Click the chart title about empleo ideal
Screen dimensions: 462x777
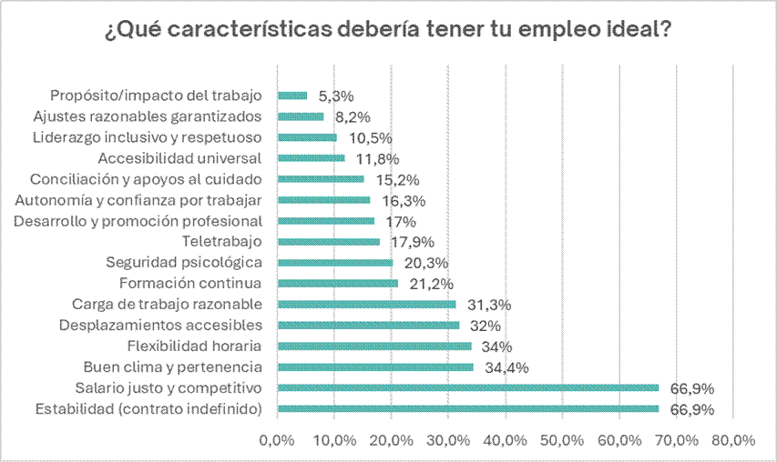pyautogui.click(x=389, y=30)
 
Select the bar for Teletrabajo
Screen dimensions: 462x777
pyautogui.click(x=329, y=242)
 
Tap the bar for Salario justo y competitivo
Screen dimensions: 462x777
pyautogui.click(x=467, y=388)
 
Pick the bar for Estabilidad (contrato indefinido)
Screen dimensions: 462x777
pyautogui.click(x=467, y=409)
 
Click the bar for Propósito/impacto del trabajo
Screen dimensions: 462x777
pyautogui.click(x=292, y=95)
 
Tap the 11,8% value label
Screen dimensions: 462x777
pyautogui.click(x=373, y=158)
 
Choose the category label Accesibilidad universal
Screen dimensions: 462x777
pyautogui.click(x=193, y=158)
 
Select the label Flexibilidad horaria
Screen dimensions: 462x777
pyautogui.click(x=196, y=346)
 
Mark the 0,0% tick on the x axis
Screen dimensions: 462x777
pyautogui.click(x=277, y=440)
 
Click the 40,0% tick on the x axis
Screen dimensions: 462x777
pyautogui.click(x=506, y=440)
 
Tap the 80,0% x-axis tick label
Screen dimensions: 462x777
pyautogui.click(x=733, y=440)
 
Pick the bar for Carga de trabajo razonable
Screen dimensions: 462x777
pyautogui.click(x=366, y=305)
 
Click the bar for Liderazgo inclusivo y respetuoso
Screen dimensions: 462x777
pyautogui.click(x=307, y=137)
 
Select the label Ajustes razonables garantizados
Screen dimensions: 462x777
pyautogui.click(x=148, y=116)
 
